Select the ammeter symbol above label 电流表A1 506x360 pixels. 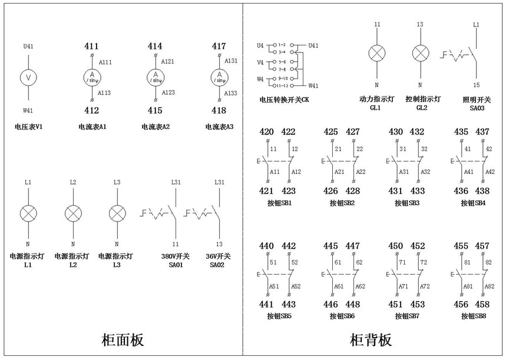(91, 77)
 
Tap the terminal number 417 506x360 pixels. (219, 46)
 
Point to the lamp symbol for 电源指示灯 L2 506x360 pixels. (73, 213)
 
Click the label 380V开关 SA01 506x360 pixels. (172, 260)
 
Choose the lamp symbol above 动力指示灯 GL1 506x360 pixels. (376, 54)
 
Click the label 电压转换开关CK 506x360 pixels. (284, 100)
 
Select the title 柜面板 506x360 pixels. (123, 340)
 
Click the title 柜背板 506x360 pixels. (371, 340)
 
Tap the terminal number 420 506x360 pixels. (267, 132)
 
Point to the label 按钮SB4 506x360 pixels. (472, 203)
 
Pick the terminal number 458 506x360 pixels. (482, 304)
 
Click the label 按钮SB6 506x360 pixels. (342, 316)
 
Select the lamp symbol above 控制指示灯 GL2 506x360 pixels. (420, 54)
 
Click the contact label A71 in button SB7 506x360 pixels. (404, 286)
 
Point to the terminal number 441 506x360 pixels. (267, 304)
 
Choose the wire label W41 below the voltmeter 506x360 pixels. (29, 110)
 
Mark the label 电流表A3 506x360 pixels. (219, 127)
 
